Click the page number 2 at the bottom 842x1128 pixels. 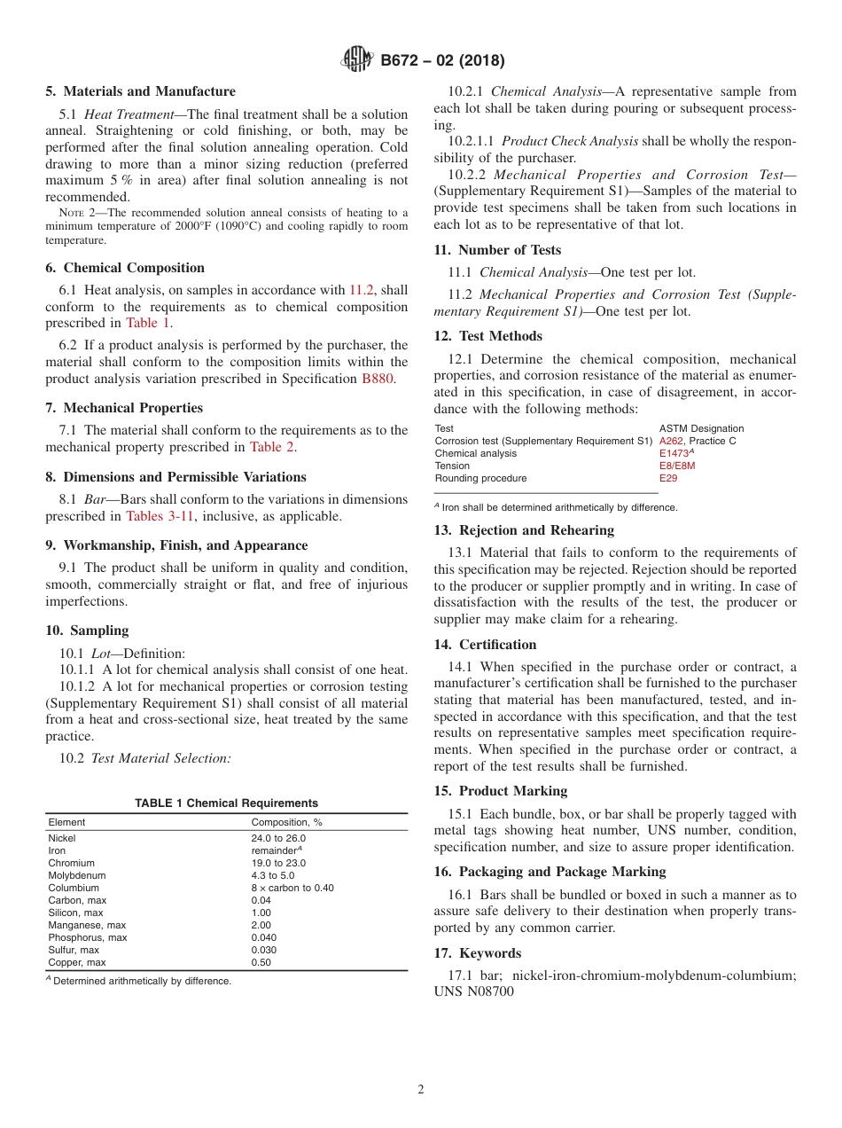tap(421, 1090)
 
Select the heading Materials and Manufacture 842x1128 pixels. tap(140, 91)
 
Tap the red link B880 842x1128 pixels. tap(377, 378)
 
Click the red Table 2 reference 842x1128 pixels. tap(271, 447)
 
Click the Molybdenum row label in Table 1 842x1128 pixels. tap(73, 875)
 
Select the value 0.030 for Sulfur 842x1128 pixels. tap(264, 950)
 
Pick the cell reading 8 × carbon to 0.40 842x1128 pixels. tap(292, 888)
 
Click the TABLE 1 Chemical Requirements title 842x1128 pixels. tap(226, 803)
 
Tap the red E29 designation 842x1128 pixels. tap(668, 478)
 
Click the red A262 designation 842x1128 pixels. tap(672, 441)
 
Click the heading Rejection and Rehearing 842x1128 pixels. tap(524, 530)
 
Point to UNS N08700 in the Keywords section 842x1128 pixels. tap(474, 992)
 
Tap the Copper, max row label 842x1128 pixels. tap(77, 962)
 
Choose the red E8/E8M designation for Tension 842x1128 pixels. tap(677, 466)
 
